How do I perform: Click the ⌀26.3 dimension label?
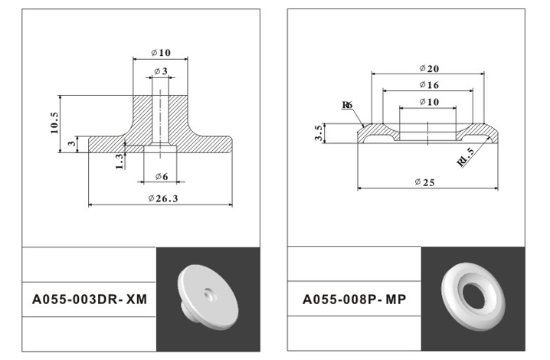[163, 198]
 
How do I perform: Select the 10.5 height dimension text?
[54, 123]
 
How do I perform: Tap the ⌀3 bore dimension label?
[161, 71]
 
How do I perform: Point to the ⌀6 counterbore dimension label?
[162, 176]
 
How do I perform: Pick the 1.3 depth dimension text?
[119, 162]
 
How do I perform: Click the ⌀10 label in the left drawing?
[161, 53]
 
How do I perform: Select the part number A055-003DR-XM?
[90, 299]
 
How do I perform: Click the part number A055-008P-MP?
[354, 299]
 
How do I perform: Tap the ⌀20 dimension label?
[429, 68]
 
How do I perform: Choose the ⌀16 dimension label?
[429, 85]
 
